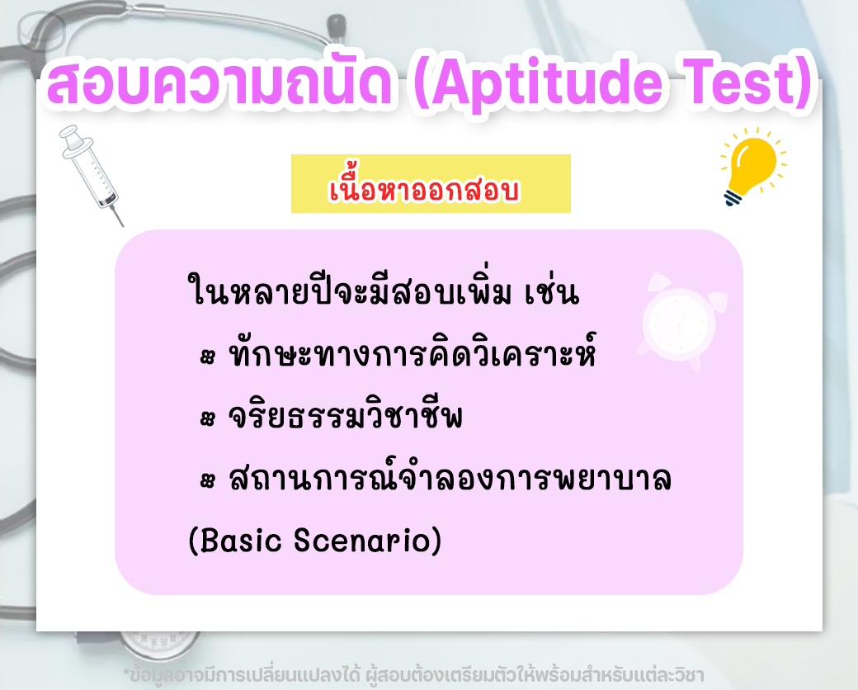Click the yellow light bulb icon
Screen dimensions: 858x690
753,167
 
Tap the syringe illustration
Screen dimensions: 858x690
91,173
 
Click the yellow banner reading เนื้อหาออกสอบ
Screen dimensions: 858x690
431,183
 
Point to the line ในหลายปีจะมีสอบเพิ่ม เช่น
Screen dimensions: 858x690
383,289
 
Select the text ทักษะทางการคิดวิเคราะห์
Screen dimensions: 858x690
412,352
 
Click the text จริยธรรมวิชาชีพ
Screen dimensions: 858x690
346,414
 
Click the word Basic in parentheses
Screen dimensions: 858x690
242,541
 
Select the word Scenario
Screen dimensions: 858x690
361,541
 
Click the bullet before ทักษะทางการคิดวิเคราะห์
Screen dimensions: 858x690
207,357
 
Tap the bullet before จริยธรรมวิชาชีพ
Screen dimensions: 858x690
207,419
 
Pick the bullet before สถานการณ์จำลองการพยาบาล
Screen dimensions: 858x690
207,481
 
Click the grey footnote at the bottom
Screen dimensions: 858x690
413,674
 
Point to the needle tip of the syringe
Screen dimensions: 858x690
123,225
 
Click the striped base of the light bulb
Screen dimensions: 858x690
733,198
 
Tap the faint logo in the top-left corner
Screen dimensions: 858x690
41,31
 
